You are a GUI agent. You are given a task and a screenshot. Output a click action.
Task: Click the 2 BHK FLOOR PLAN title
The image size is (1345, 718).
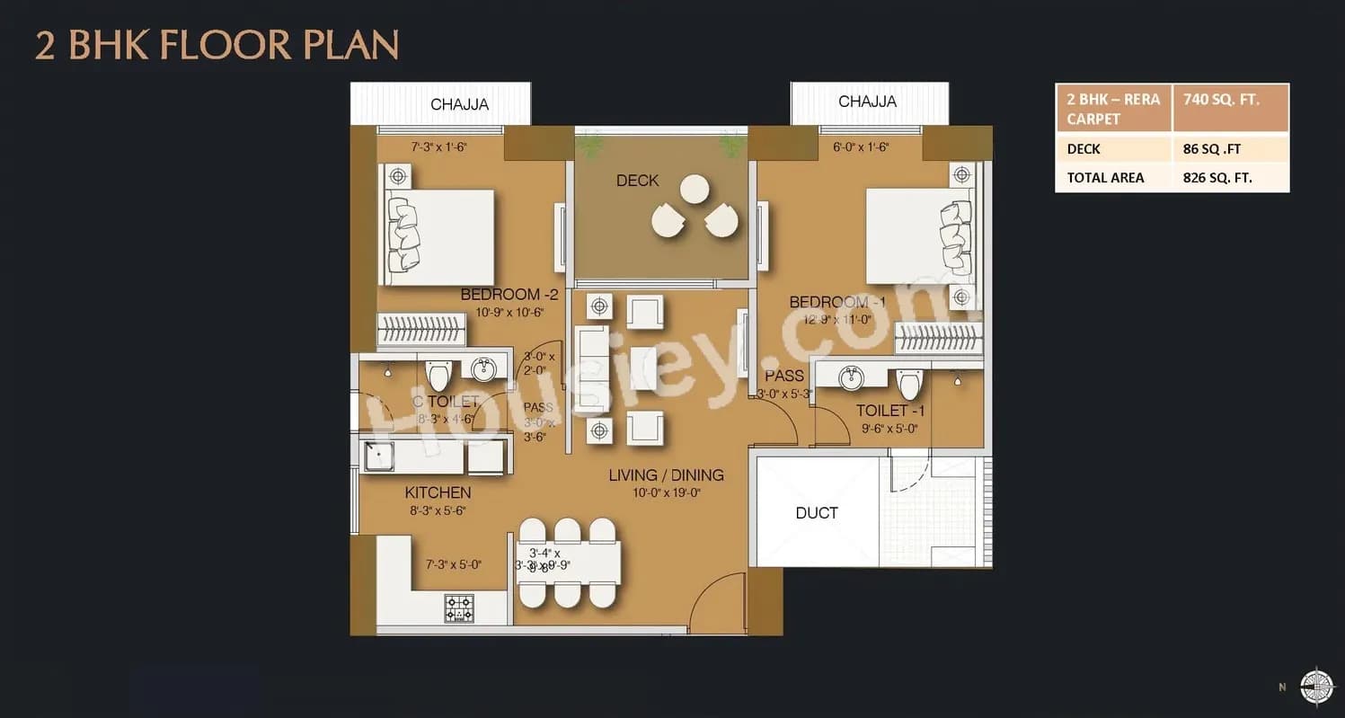(217, 45)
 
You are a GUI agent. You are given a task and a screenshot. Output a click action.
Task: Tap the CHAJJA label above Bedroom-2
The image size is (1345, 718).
(459, 104)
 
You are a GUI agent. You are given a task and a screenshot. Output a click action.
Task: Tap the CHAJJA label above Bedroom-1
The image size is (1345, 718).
(867, 102)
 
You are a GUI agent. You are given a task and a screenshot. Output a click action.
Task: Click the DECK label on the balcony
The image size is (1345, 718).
(637, 181)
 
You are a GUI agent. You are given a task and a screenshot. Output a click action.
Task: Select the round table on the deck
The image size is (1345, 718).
(695, 189)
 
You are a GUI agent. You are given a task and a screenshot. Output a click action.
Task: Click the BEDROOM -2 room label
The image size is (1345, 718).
(509, 295)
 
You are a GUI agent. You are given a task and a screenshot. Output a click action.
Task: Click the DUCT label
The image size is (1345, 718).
(816, 513)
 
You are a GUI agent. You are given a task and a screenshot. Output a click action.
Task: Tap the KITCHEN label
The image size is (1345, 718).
(438, 492)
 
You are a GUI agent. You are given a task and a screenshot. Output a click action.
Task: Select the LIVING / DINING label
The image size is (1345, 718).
(665, 475)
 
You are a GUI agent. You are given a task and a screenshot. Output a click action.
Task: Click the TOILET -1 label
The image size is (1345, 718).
(890, 411)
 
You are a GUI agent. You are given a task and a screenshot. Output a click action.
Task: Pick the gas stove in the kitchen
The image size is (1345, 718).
(459, 608)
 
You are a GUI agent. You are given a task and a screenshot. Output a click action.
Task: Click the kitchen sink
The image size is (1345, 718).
(378, 457)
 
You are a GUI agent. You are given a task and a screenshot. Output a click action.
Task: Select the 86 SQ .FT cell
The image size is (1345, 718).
(1213, 149)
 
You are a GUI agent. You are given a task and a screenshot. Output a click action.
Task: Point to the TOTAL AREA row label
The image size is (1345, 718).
(1105, 178)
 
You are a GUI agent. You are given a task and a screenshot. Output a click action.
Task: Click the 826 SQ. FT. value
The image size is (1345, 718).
(1217, 178)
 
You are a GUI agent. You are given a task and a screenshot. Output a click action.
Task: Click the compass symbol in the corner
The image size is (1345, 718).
(1317, 686)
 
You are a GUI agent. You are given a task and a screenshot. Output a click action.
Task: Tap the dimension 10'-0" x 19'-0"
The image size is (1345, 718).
(665, 492)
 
